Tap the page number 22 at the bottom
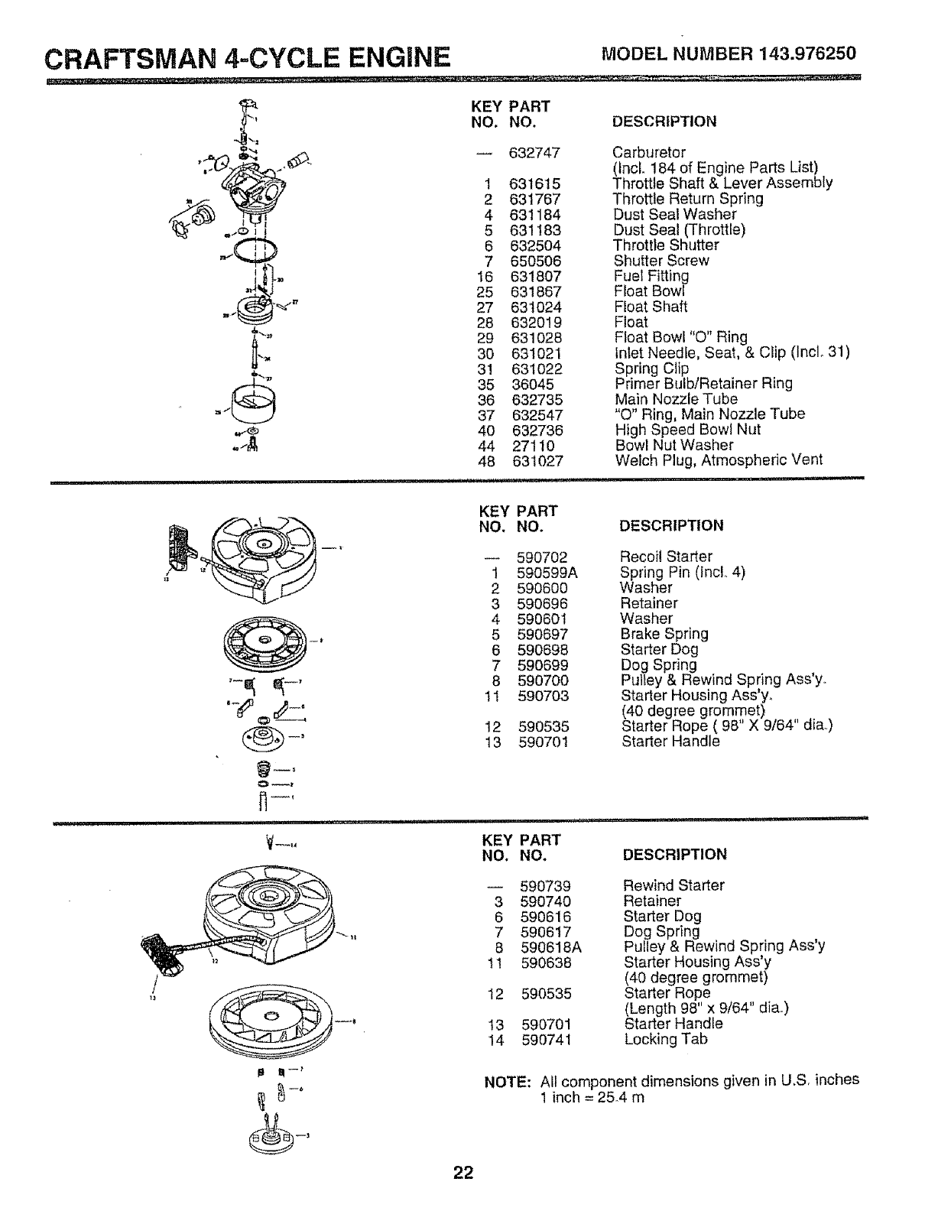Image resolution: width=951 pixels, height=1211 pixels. pos(463,1173)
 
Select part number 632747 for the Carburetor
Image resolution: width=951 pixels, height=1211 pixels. pos(535,153)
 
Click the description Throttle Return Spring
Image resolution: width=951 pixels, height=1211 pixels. pos(688,199)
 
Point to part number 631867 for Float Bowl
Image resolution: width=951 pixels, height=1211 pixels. pos(536,292)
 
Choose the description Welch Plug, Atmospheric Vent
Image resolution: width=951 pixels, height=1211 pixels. pos(719,460)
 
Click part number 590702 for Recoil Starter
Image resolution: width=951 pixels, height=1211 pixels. pos(543,557)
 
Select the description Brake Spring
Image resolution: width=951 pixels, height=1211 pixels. pos(664,634)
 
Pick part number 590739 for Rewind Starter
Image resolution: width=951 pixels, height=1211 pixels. pos(545,886)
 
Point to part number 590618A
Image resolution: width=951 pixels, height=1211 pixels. pos(551,947)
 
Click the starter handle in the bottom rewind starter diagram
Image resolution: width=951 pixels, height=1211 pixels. pos(162,950)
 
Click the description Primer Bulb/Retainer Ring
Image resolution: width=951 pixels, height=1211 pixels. pos(703,384)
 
